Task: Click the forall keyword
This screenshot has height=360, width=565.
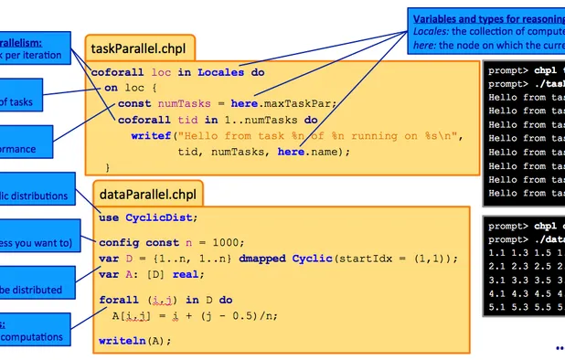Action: [117, 300]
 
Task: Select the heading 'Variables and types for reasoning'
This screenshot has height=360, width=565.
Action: [486, 18]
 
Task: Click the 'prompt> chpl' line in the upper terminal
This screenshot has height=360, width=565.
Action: [524, 69]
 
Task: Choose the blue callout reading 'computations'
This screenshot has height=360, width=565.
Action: [33, 336]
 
